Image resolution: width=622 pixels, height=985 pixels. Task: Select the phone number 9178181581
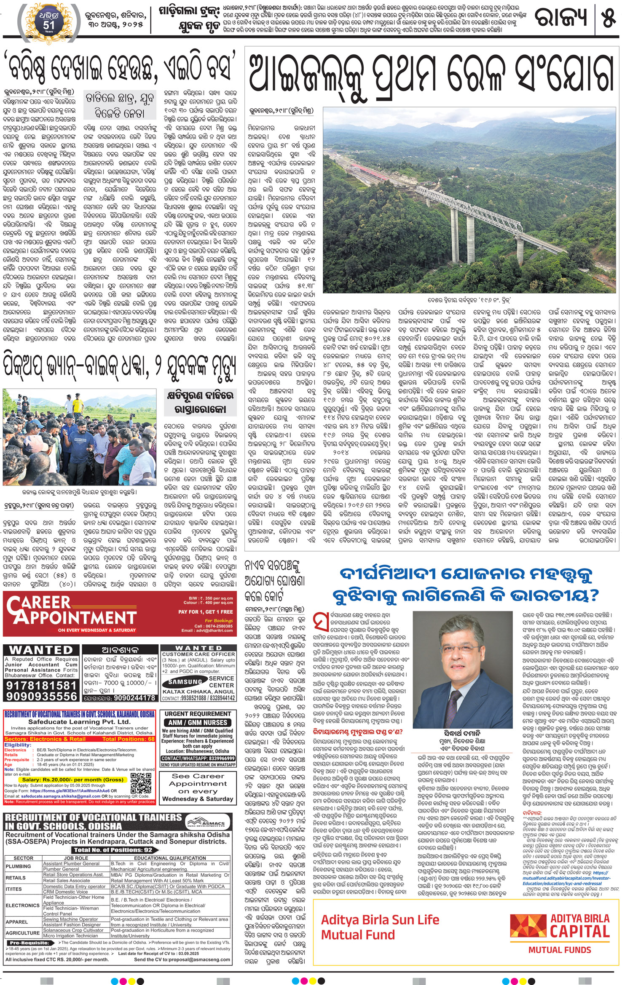tap(42, 685)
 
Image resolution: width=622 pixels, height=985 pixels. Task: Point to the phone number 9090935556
tap(42, 696)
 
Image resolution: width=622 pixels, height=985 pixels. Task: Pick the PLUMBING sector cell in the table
tap(19, 866)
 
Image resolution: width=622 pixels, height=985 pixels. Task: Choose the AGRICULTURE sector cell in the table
tap(23, 933)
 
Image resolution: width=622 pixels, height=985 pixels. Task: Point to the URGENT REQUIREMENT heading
tap(198, 714)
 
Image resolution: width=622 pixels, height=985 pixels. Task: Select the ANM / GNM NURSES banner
tap(198, 722)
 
